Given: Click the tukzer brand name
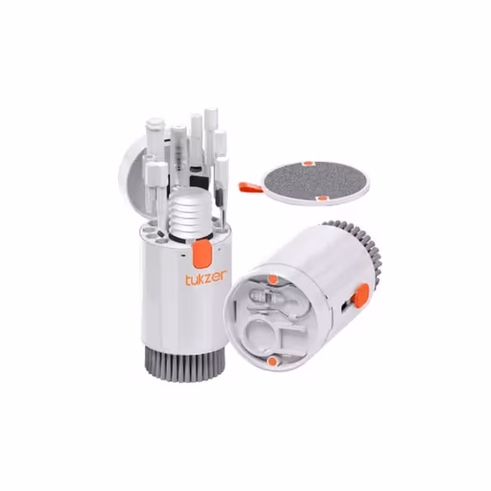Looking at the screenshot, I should (206, 278).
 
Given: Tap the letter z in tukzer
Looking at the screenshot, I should (210, 278).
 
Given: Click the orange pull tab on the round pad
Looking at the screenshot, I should (250, 187).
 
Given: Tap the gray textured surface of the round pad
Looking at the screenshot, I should (316, 180).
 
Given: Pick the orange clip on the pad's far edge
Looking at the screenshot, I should (308, 163).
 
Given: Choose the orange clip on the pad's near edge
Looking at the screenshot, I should (321, 199).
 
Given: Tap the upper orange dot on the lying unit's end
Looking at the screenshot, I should (273, 279).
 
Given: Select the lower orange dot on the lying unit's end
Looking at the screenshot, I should (272, 361).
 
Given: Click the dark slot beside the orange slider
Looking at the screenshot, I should (344, 307).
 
